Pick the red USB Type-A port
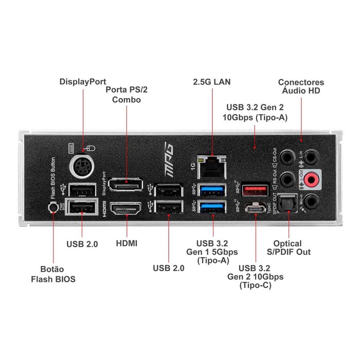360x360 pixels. click(256, 189)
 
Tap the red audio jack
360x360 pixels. click(311, 179)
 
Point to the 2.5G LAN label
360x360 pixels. click(212, 82)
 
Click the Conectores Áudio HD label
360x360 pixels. click(301, 86)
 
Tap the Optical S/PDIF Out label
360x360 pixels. click(292, 247)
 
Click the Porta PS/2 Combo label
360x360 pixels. click(127, 95)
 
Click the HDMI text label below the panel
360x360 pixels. click(127, 243)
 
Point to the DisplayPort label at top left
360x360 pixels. click(82, 81)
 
